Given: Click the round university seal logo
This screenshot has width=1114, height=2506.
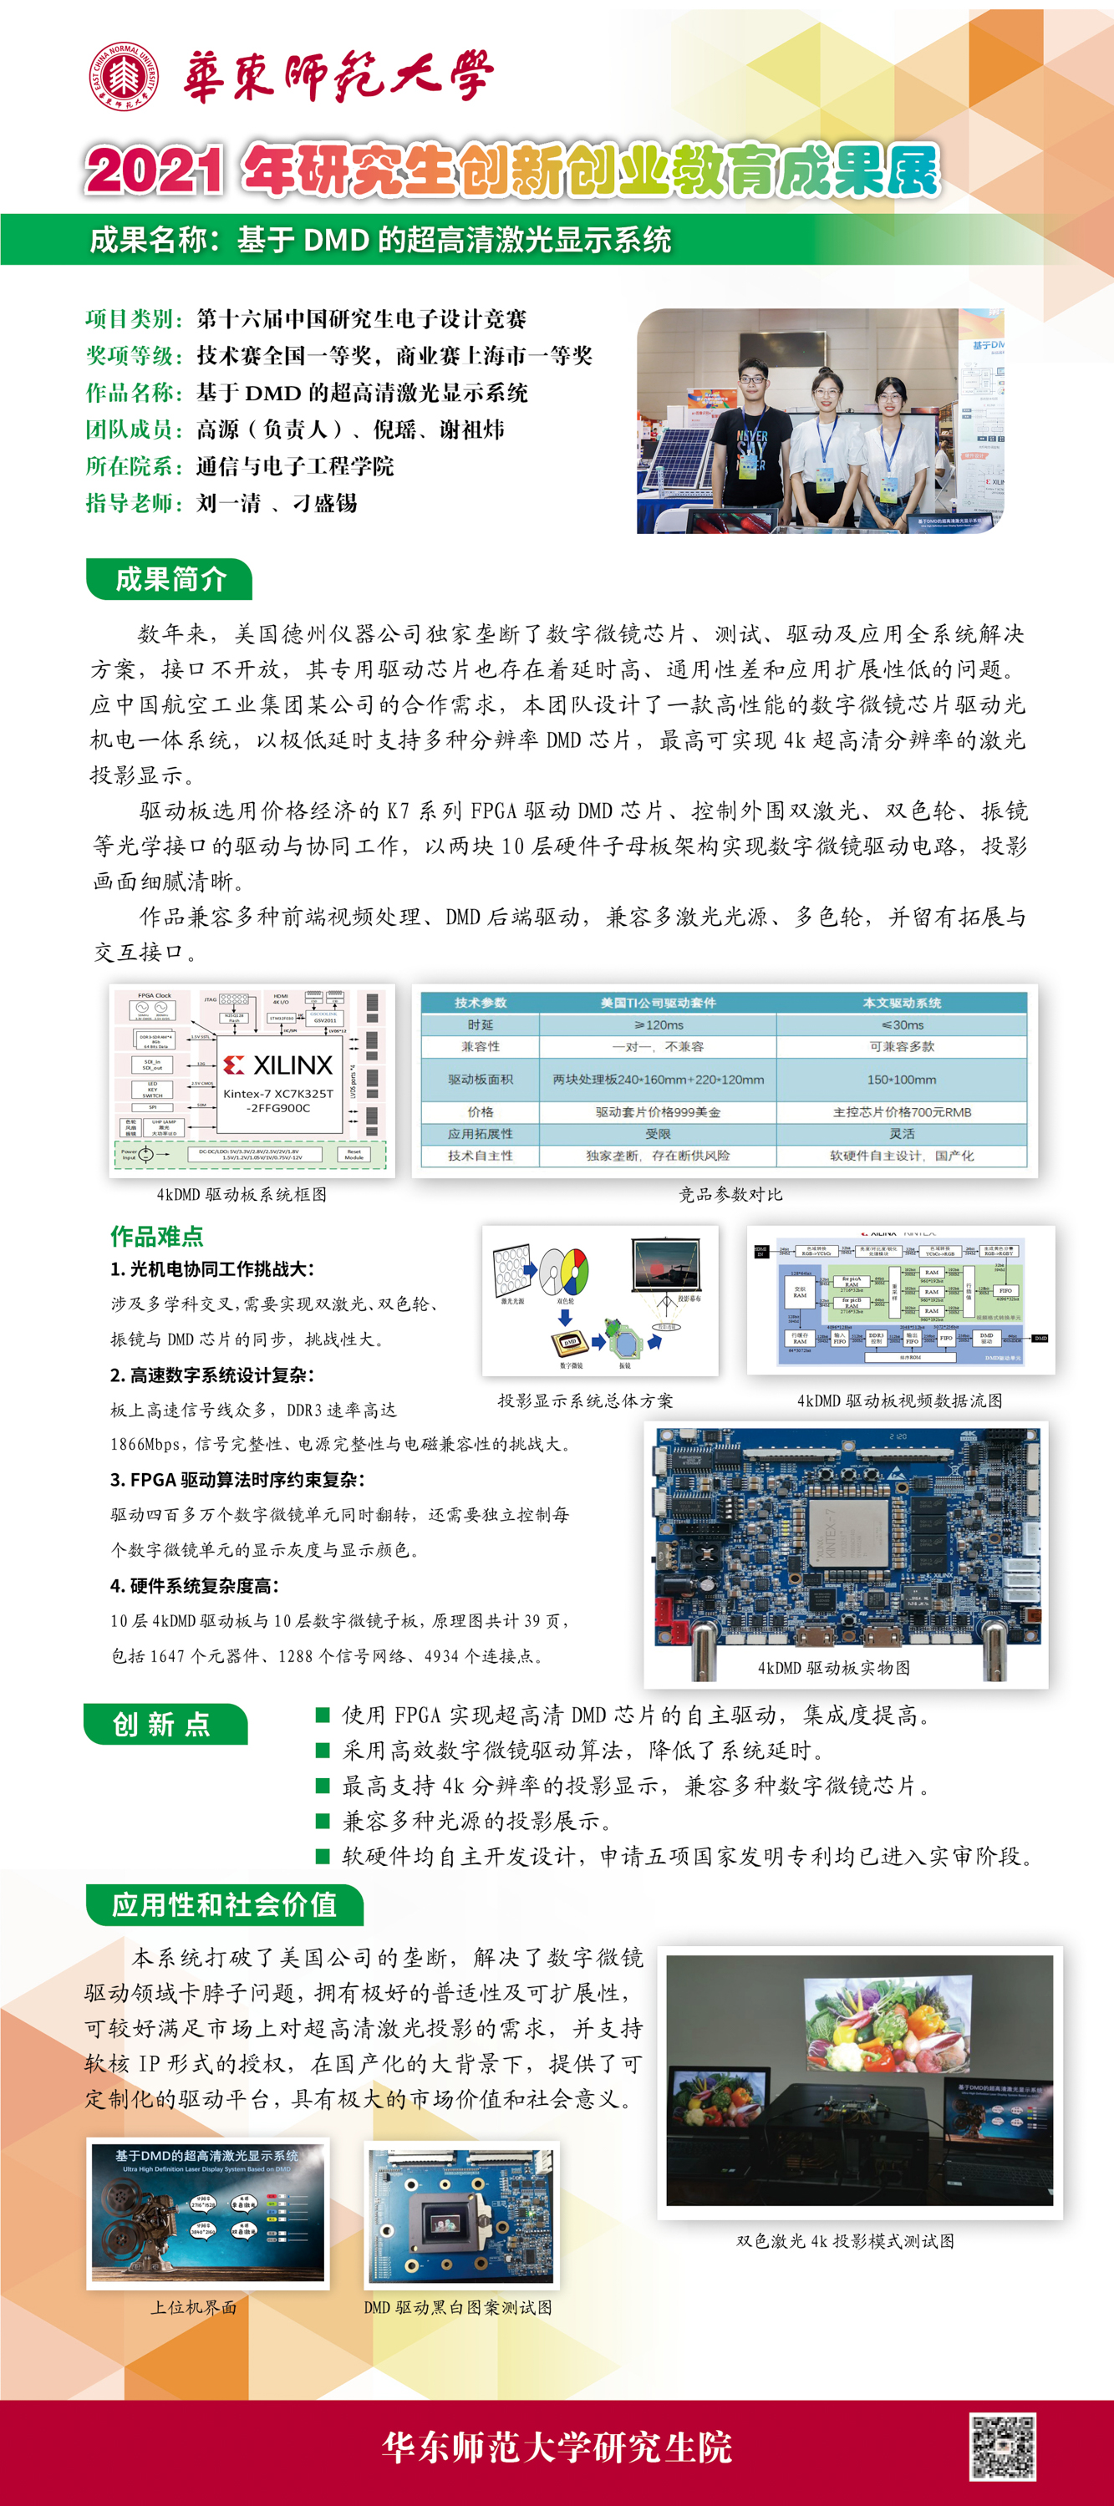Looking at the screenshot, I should [124, 76].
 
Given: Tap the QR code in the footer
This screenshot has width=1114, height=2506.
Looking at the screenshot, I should [1002, 2446].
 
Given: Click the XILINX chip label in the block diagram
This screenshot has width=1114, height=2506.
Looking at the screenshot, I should [279, 1065].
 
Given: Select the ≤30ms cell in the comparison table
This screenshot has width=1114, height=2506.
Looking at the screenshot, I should [902, 1025].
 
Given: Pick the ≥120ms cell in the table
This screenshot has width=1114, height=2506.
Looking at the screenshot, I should [659, 1025].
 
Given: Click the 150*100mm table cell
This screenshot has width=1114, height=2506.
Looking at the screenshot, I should [902, 1080].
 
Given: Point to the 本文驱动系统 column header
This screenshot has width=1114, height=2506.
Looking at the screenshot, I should [902, 1003].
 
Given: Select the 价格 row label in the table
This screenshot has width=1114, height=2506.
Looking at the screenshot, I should [481, 1112].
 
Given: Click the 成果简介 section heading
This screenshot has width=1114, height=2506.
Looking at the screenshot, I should [170, 580].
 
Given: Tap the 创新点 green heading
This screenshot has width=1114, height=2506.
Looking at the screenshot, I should [162, 1725].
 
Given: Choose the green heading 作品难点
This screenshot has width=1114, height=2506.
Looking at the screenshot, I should [156, 1237].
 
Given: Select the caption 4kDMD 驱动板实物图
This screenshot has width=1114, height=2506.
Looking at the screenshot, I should [834, 1667].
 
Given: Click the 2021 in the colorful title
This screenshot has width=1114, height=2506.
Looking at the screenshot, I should [155, 171].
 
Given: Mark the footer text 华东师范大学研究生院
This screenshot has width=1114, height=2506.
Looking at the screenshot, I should [557, 2447].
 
